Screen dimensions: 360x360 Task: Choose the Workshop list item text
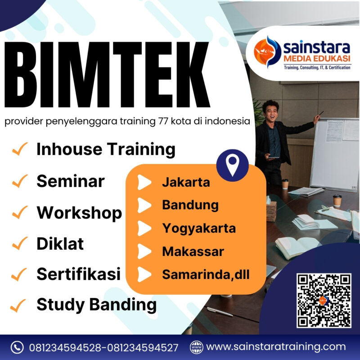point(79,212)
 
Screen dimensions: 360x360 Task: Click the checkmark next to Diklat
point(20,244)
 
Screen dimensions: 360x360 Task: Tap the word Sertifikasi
point(78,274)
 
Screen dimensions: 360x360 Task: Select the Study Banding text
point(96,305)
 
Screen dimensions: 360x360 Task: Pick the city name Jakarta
point(186,183)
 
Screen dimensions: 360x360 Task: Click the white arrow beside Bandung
point(144,205)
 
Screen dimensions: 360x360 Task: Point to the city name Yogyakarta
point(199,228)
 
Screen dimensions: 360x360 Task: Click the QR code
point(323,300)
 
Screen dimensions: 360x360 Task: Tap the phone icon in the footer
point(17,347)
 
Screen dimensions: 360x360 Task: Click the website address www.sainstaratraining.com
point(276,347)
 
